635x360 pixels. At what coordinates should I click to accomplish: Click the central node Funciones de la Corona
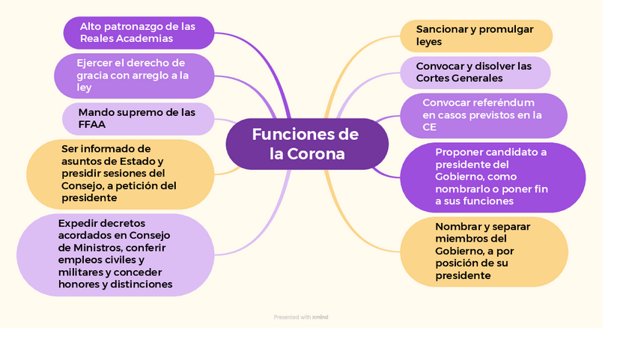click(x=307, y=144)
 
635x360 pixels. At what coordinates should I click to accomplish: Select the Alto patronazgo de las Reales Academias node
click(x=139, y=32)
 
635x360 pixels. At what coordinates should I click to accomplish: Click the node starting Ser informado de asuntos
click(x=121, y=174)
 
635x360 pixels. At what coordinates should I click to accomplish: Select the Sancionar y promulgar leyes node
click(x=476, y=35)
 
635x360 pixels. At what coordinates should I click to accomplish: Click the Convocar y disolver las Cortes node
click(x=474, y=72)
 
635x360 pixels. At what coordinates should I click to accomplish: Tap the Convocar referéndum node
click(x=483, y=115)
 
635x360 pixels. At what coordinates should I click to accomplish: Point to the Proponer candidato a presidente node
click(x=492, y=177)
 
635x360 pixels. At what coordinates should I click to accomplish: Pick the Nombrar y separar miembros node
click(x=484, y=251)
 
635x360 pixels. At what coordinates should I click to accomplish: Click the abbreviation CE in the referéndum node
click(x=429, y=127)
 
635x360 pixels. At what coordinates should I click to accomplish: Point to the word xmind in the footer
click(x=320, y=317)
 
